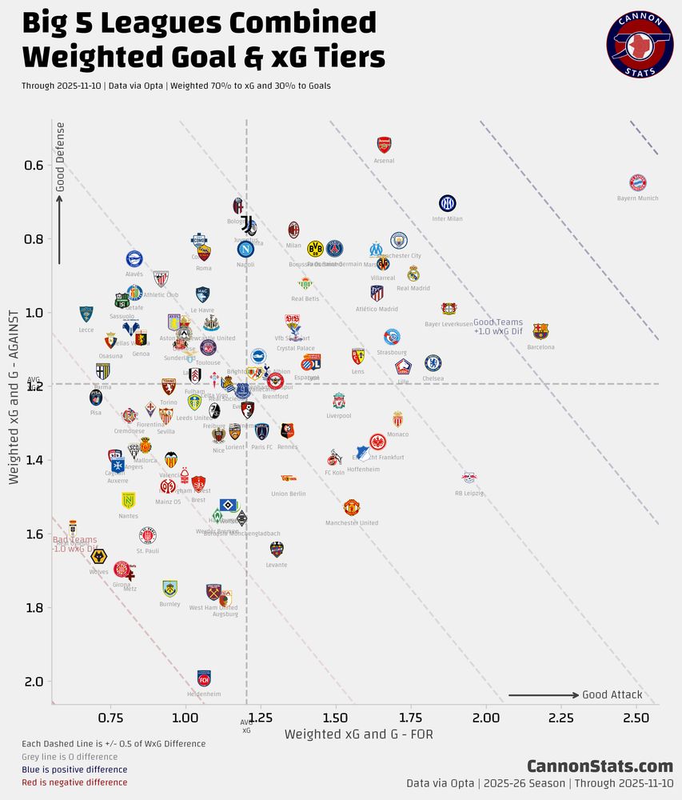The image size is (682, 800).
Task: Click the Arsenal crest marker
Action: coord(384,145)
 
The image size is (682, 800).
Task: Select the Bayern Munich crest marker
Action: coord(637,182)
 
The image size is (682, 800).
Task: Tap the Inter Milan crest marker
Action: coord(447,203)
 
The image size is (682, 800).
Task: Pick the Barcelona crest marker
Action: coord(540,331)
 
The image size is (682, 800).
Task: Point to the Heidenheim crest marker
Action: coord(204,678)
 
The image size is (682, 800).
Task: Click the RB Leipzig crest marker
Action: coord(469,478)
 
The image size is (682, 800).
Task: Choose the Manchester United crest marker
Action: coord(352,507)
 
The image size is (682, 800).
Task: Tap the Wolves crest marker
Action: coord(99,556)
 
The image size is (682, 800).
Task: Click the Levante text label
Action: coord(276,565)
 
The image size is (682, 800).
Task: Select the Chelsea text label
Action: coord(433,378)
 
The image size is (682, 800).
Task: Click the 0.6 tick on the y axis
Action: coord(34,166)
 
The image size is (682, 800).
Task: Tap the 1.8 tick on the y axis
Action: coord(34,608)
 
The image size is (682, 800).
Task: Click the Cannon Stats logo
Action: coord(640,44)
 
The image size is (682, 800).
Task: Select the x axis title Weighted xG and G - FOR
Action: coord(359,734)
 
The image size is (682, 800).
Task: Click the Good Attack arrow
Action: coord(544,695)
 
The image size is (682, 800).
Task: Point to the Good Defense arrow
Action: coord(58,228)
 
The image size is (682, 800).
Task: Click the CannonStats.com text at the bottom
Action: coord(600,766)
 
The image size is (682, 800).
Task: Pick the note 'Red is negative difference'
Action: coord(74,782)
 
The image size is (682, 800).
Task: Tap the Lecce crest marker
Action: coord(86,314)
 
